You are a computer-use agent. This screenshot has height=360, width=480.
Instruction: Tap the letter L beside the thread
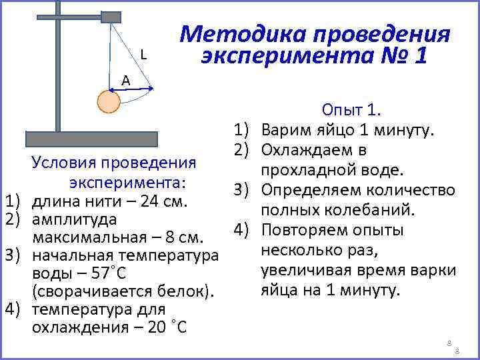click(144, 55)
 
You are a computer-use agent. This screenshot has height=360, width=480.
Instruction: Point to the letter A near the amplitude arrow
click(125, 81)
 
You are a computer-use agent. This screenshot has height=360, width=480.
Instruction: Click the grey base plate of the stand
click(91, 139)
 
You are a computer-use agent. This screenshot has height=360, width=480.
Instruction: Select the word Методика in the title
click(241, 33)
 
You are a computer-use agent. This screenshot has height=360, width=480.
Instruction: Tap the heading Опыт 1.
click(351, 110)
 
